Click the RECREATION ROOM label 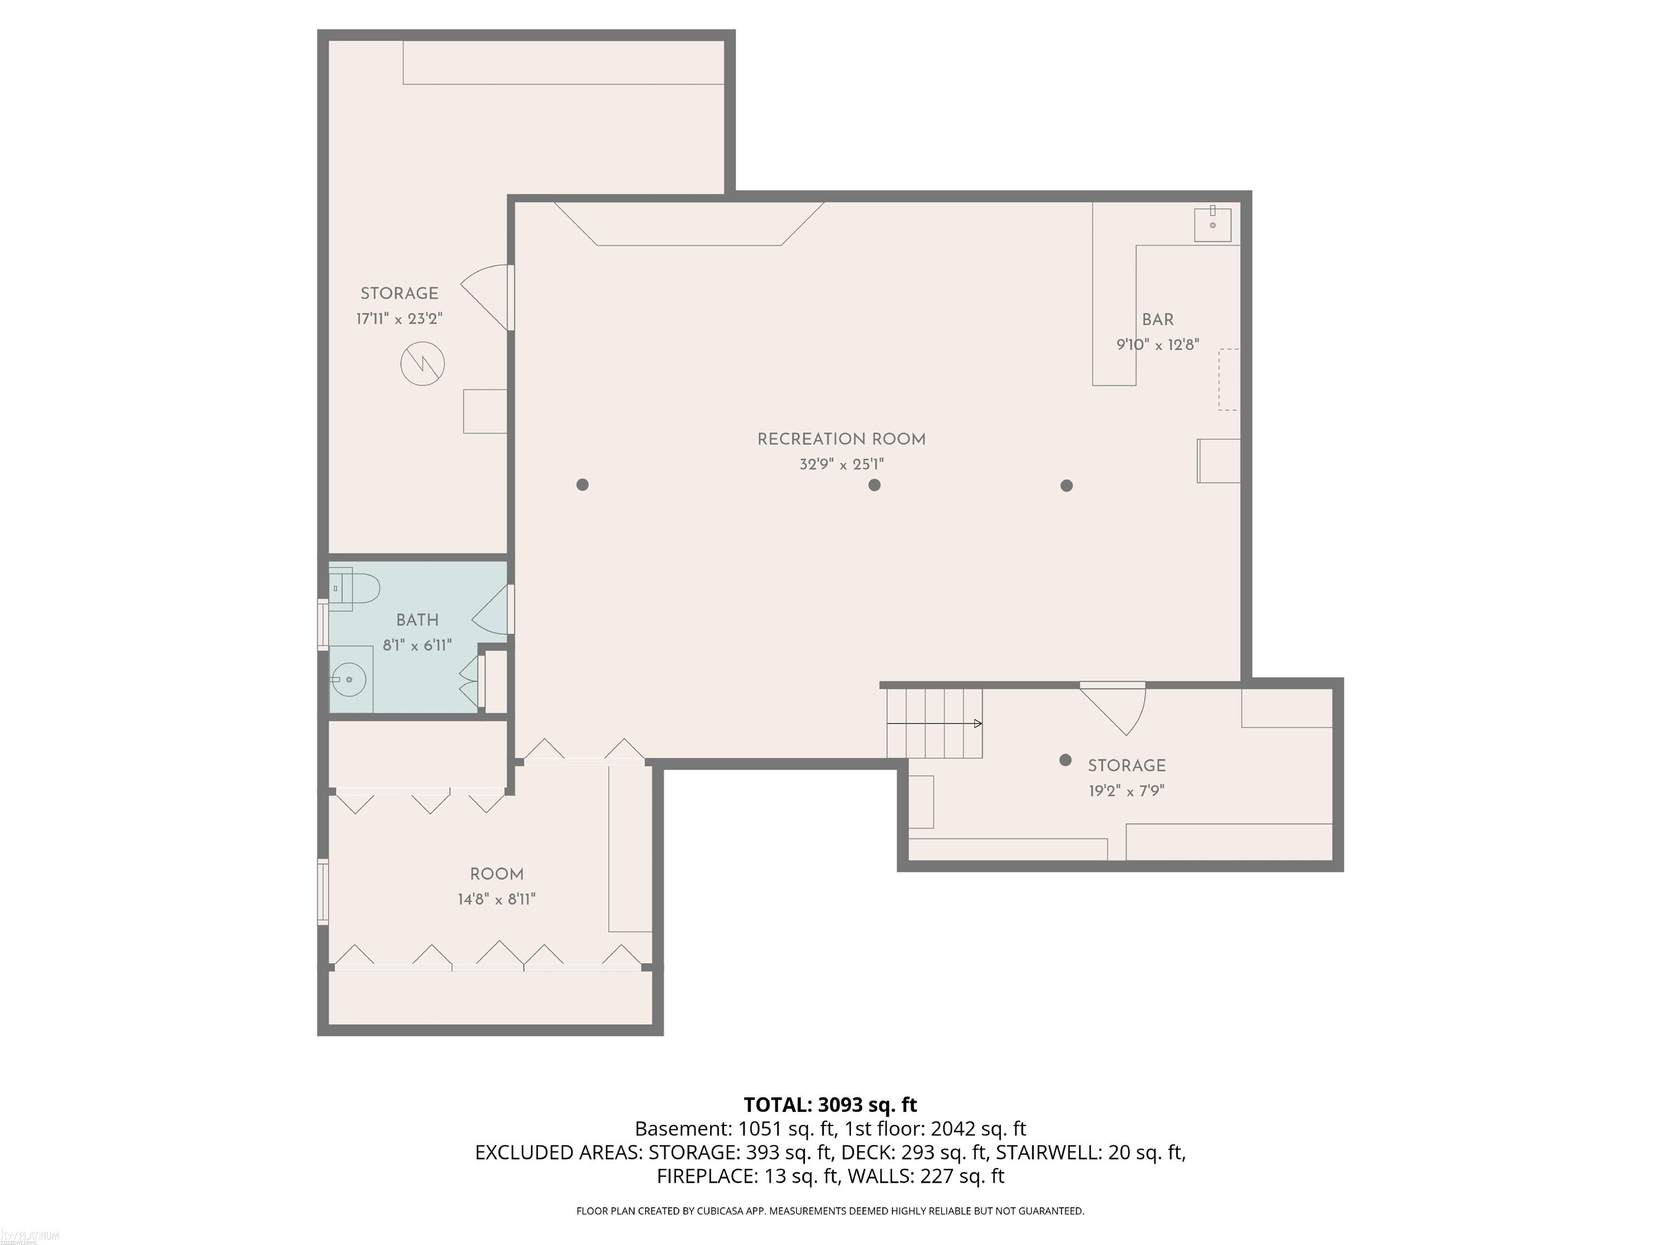pos(841,440)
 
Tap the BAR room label pos(1157,320)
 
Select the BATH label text pos(417,620)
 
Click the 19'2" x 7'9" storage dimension pos(1126,791)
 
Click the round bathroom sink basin pos(349,680)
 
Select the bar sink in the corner pos(1212,224)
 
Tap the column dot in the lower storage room pos(1065,760)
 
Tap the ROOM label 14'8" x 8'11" pos(496,886)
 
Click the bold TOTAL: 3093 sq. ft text pos(830,1104)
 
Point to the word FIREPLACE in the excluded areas pos(706,1176)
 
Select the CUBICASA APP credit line pos(830,1210)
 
